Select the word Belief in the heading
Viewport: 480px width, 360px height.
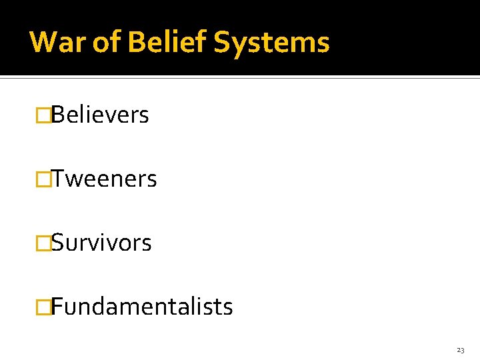tap(167, 42)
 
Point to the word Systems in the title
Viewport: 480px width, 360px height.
tap(271, 42)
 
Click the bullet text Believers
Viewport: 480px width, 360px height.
tap(100, 115)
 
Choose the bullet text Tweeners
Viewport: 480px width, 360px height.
tap(104, 179)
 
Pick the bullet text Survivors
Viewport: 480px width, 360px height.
tap(101, 243)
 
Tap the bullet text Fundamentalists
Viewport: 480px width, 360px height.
tap(142, 307)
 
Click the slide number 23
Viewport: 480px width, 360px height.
tap(461, 350)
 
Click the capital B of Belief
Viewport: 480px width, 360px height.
tap(136, 42)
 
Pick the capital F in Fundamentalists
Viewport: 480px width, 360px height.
tap(57, 307)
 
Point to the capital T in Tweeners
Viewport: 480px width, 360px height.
tap(57, 179)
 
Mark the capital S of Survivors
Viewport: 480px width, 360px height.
tap(57, 243)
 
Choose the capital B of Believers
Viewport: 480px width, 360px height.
tap(57, 115)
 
